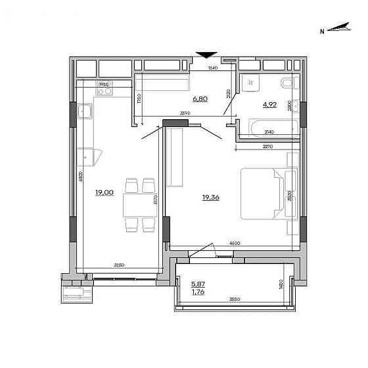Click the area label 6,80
200,99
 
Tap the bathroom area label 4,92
269,103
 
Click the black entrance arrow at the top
207,55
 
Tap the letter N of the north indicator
322,31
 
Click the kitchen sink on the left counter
85,113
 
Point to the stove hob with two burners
104,92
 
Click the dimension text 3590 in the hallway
186,113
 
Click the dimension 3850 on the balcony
235,299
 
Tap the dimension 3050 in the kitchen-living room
119,265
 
